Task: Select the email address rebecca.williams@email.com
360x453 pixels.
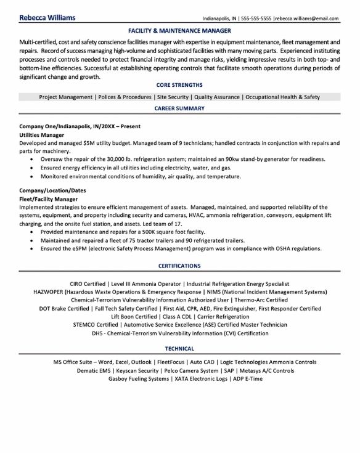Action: click(308, 18)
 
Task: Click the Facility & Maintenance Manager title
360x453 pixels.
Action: click(179, 30)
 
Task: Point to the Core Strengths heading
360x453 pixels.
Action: click(179, 86)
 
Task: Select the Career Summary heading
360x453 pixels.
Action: click(179, 108)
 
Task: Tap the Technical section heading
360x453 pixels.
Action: click(179, 348)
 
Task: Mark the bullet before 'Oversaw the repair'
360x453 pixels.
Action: click(31, 159)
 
